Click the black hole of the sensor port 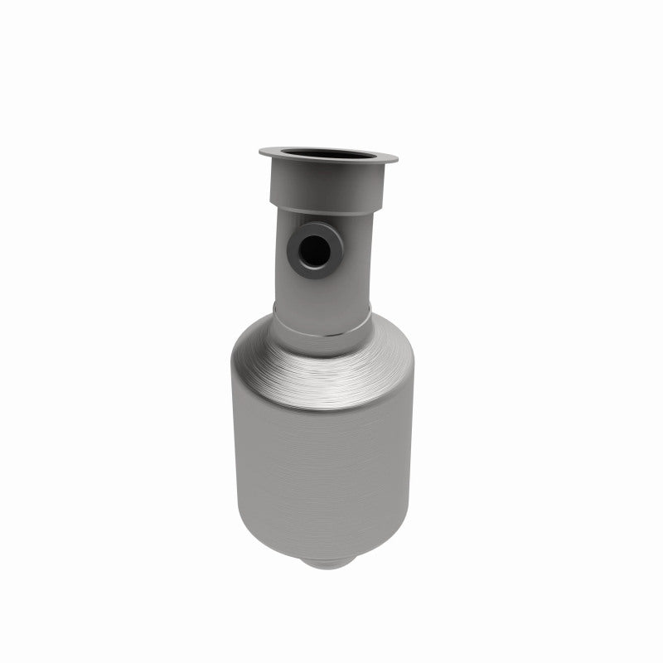312,250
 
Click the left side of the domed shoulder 249,365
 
